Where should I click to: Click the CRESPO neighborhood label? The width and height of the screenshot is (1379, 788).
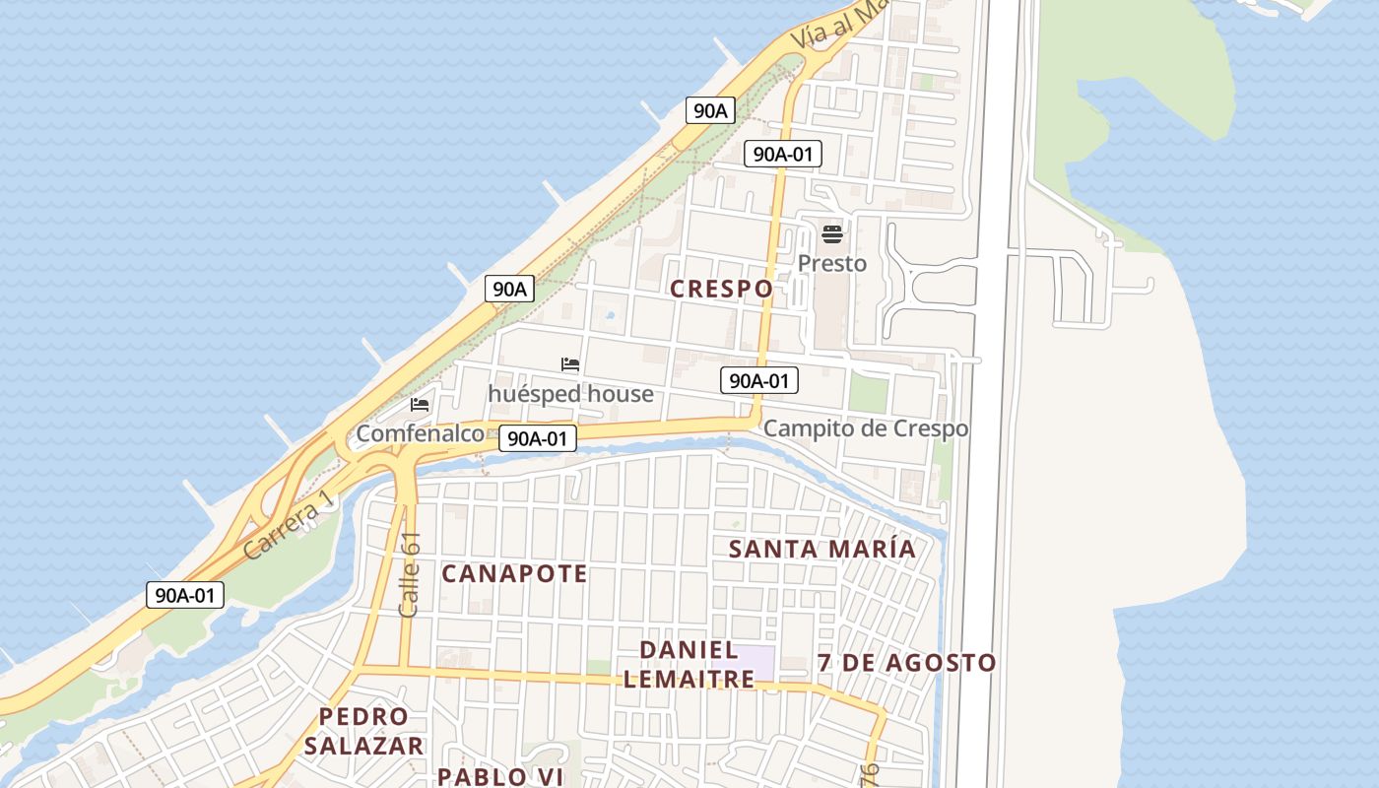721,289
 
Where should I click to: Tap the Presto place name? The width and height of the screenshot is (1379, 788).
832,263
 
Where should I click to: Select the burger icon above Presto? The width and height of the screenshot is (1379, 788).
832,234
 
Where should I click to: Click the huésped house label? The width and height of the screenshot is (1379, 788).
570,394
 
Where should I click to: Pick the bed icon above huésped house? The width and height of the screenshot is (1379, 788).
570,364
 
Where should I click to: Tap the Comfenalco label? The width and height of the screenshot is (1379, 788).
421,433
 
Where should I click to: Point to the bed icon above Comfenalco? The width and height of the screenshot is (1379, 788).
421,405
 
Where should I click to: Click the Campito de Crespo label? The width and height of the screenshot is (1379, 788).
866,428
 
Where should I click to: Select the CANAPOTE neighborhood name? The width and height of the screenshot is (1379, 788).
514,573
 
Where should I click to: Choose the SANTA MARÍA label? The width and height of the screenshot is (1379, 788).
822,549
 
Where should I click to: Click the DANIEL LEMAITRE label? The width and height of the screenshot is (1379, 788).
689,665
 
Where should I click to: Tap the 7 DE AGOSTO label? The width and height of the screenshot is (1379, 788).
907,663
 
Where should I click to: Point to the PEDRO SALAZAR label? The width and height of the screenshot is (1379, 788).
363,731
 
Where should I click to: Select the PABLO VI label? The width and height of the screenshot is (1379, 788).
499,776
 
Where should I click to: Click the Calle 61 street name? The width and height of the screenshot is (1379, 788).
410,575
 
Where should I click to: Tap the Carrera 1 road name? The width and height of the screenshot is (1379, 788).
289,529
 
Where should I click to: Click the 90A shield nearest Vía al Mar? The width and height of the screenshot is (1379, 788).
709,110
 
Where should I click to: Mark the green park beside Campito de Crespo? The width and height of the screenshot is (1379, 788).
868,393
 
